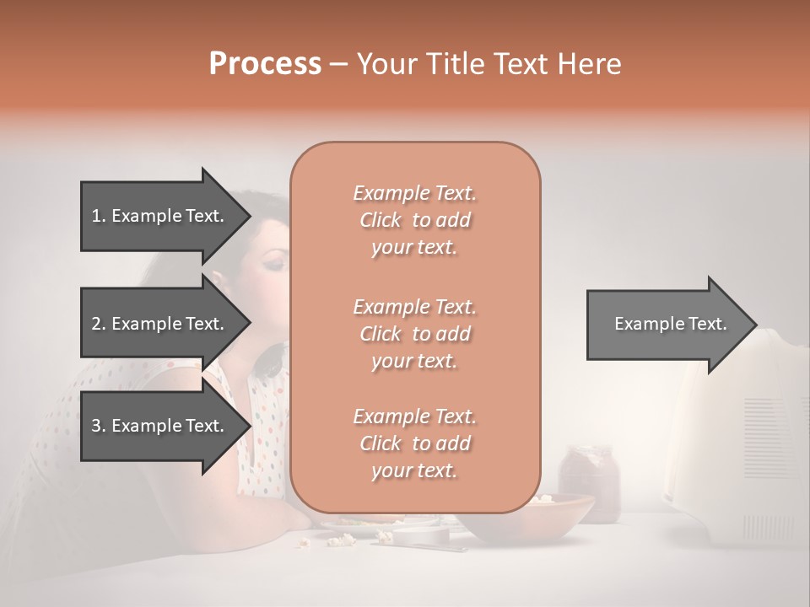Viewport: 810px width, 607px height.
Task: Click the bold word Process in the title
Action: (x=265, y=64)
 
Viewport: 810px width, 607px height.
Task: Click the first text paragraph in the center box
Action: (x=414, y=220)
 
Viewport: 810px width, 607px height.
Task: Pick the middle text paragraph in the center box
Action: (x=414, y=333)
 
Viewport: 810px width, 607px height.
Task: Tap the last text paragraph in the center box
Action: (x=414, y=443)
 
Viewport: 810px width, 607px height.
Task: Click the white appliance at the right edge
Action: (x=742, y=438)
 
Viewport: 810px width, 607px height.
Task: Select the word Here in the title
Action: (x=590, y=64)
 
